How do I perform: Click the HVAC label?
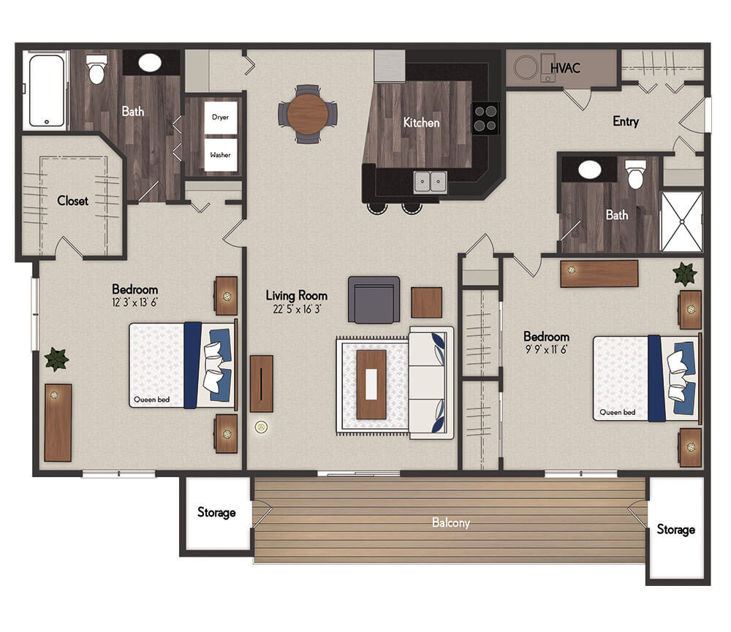point(565,68)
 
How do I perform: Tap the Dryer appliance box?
point(221,118)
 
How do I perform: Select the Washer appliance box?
point(221,155)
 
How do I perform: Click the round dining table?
point(307,114)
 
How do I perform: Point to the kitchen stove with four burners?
point(485,118)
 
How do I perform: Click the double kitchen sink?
point(431,182)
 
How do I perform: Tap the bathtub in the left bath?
point(47,91)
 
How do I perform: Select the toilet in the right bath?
point(635,175)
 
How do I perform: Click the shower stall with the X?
point(681,222)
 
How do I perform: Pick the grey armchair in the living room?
point(374,300)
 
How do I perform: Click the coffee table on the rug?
point(371,384)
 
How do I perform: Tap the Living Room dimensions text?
point(297,309)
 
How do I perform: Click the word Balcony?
point(451,522)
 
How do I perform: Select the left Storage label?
point(216,512)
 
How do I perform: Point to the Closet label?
point(72,201)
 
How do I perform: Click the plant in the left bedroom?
point(56,359)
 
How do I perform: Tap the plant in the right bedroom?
point(685,274)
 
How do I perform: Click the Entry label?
point(626,121)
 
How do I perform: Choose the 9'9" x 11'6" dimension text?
point(546,349)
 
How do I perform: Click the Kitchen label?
point(422,123)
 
